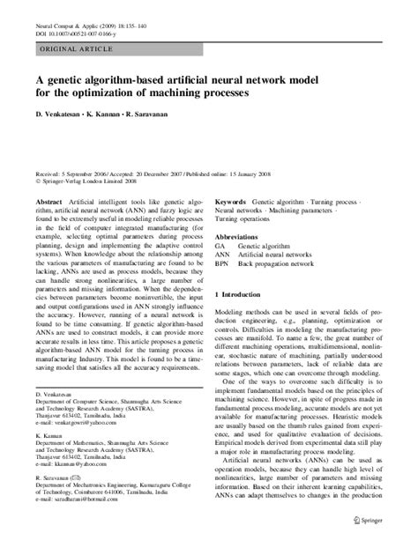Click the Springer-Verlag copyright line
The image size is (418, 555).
(89, 184)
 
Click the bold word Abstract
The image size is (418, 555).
(49, 203)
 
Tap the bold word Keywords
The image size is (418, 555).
(230, 203)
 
